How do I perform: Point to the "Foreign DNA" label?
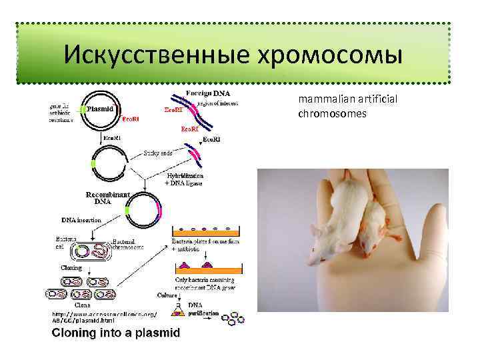click(x=209, y=93)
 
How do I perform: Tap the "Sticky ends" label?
click(x=157, y=153)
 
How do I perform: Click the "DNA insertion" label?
click(x=81, y=220)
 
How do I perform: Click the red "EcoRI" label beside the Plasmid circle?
click(x=131, y=119)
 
